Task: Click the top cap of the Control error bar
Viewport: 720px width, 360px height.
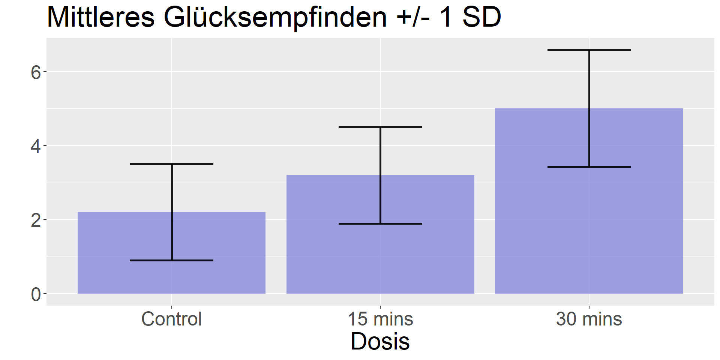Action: click(172, 164)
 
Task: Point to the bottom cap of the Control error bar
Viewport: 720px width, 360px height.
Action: click(172, 260)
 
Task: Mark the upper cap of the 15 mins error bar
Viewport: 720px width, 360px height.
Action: click(380, 127)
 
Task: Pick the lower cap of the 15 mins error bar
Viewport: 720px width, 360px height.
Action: click(380, 224)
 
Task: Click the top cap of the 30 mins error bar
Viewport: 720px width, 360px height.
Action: click(589, 50)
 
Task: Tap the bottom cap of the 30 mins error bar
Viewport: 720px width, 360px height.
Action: click(589, 167)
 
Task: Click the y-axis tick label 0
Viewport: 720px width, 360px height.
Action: click(36, 295)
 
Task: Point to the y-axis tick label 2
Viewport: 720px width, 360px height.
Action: click(36, 220)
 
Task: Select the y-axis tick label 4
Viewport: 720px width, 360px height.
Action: click(36, 146)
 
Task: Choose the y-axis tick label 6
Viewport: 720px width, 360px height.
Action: click(36, 72)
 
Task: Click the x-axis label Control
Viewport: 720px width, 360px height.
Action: click(172, 319)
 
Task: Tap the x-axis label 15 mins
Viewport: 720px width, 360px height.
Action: click(380, 319)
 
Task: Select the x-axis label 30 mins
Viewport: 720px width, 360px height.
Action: click(589, 319)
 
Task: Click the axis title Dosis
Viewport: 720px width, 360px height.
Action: click(380, 341)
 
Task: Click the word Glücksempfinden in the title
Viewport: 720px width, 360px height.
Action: click(275, 17)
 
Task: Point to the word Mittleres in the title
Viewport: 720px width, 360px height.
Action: click(100, 17)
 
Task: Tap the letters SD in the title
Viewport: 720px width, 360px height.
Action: click(481, 17)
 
